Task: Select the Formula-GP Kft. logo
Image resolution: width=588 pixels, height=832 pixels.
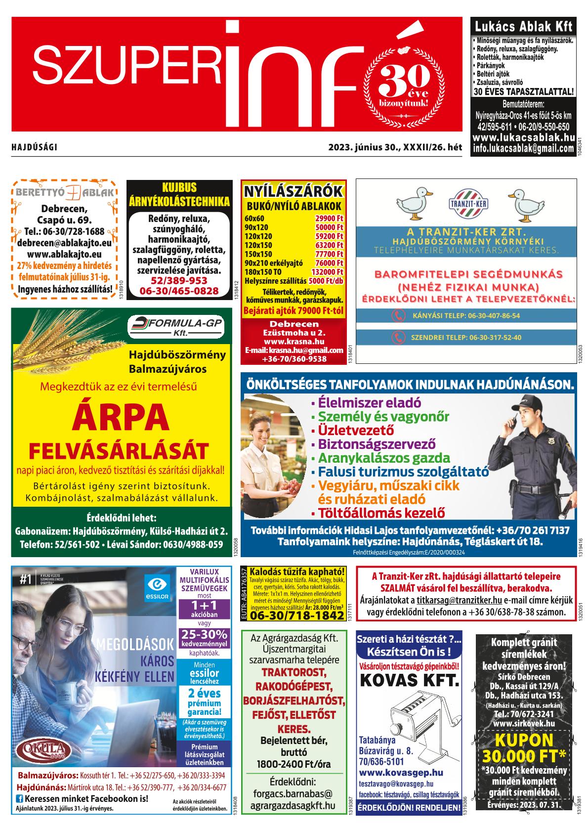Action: click(x=175, y=327)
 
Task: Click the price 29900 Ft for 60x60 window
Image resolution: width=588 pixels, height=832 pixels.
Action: click(x=329, y=219)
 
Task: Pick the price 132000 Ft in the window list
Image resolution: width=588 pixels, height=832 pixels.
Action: click(x=327, y=272)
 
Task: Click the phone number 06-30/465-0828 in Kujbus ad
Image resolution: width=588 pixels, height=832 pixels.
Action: click(x=179, y=291)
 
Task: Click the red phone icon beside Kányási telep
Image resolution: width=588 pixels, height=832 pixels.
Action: click(x=398, y=315)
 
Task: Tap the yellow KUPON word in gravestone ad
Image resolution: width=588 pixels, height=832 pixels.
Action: click(x=523, y=740)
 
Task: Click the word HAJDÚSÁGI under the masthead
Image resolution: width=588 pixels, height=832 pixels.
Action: click(x=35, y=147)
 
